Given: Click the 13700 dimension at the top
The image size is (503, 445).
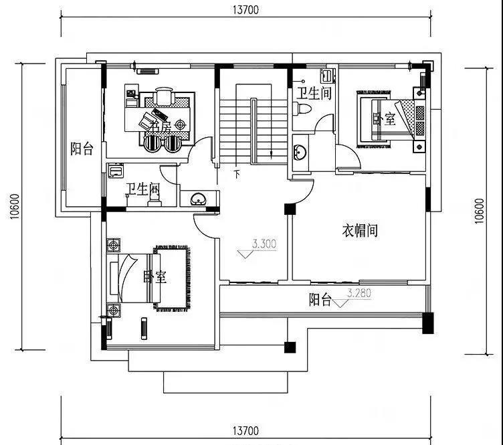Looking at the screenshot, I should tap(245, 9).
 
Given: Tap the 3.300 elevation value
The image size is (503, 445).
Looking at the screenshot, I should tap(264, 244).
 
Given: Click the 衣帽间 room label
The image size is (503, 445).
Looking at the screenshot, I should tap(360, 231).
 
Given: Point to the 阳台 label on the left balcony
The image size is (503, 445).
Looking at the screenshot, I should tap(82, 149).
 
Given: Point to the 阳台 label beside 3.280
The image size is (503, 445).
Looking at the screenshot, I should tap(320, 300).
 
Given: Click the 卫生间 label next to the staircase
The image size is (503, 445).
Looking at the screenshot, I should tap(314, 94).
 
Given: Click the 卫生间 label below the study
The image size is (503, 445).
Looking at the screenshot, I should tap(142, 189).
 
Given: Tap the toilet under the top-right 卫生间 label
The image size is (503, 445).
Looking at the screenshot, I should tap(304, 109).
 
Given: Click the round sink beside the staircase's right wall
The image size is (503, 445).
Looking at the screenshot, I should tap(299, 151).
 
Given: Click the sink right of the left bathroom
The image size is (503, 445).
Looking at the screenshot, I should tap(198, 199).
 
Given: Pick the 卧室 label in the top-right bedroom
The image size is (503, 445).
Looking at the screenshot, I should tap(384, 119).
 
